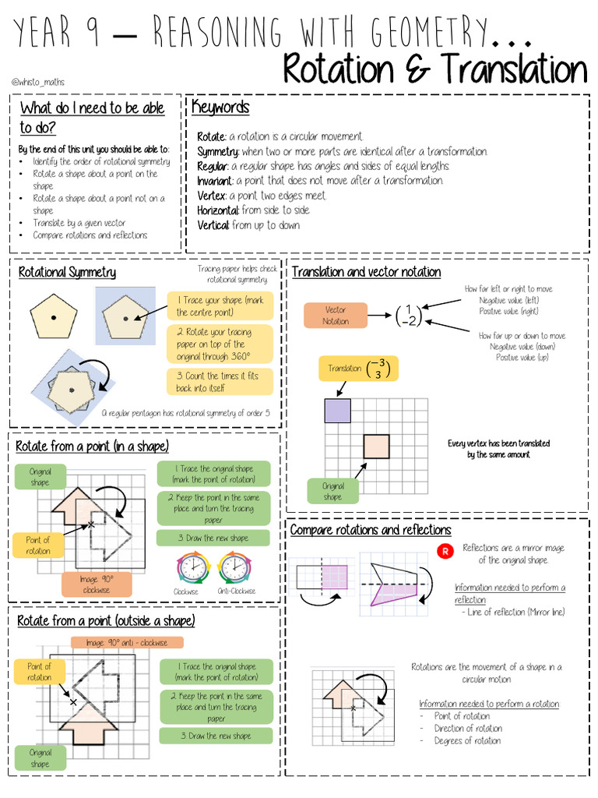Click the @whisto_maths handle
point(38,82)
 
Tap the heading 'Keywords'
point(220,108)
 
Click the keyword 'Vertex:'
point(212,196)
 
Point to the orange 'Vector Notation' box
point(335,316)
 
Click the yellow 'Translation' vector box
point(357,369)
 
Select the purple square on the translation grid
point(338,410)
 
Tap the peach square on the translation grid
point(376,447)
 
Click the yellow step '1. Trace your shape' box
point(220,306)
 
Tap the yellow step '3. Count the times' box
point(220,381)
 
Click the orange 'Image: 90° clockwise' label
point(97,584)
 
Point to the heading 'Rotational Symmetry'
point(67,272)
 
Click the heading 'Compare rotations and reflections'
point(371,530)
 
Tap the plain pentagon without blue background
point(54,318)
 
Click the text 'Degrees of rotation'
point(468,741)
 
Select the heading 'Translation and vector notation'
point(366,272)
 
